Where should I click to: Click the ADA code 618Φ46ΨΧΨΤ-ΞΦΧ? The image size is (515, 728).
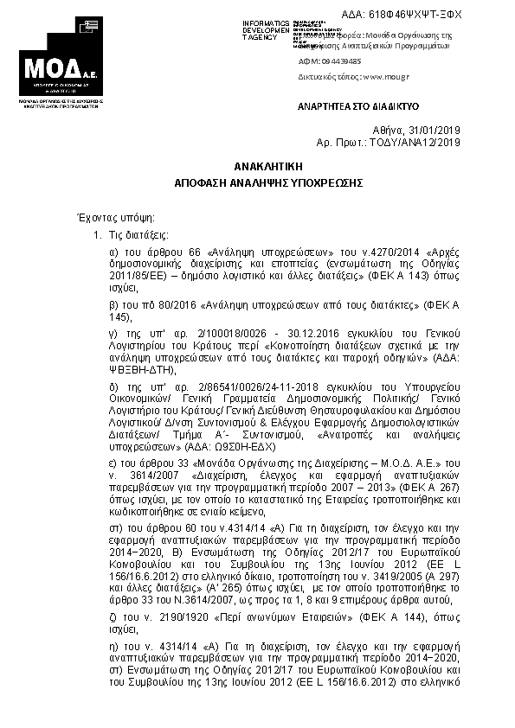coord(415,15)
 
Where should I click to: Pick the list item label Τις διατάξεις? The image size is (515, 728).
coord(138,234)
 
